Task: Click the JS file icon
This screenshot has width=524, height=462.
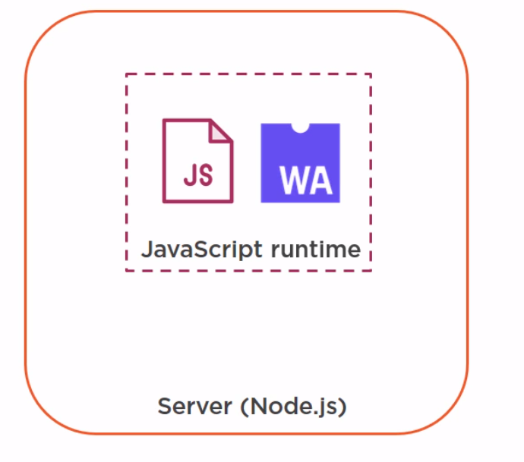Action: [x=197, y=161]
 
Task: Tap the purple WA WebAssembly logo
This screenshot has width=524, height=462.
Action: [x=300, y=163]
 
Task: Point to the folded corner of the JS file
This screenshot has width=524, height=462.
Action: [x=222, y=130]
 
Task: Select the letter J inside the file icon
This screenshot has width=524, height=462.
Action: [x=189, y=174]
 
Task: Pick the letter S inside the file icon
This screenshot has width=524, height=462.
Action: [x=205, y=174]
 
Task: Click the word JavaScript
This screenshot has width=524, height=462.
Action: [x=203, y=249]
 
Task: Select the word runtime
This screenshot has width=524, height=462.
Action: [x=314, y=249]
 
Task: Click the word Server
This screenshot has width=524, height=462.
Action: [x=194, y=406]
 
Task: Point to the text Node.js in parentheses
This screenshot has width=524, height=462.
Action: [x=292, y=406]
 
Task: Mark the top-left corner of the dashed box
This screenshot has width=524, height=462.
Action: [x=127, y=74]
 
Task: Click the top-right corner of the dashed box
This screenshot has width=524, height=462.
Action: [x=371, y=74]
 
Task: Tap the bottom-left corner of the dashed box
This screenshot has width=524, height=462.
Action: [x=127, y=271]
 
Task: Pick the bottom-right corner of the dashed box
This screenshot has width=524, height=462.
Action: [x=371, y=271]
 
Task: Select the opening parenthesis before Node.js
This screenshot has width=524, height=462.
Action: [x=245, y=407]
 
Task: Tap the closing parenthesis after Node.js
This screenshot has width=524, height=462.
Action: [x=343, y=407]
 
